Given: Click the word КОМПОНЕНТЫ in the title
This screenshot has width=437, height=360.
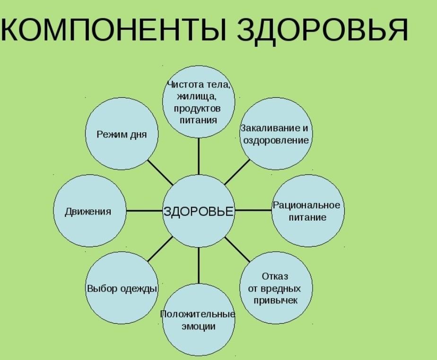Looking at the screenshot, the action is point(114,30).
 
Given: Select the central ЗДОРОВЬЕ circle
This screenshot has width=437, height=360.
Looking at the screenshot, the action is point(199,211).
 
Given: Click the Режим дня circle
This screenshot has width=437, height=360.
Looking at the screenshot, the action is point(122,135).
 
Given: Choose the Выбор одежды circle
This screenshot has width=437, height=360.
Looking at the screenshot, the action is point(122,289).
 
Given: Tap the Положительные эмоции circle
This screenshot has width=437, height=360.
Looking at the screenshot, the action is point(199,320).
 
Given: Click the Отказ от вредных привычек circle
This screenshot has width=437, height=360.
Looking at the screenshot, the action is point(276,288).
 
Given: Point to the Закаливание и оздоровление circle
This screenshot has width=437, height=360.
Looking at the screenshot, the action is point(276,134).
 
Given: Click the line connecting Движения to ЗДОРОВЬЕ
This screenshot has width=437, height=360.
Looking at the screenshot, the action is point(144,211).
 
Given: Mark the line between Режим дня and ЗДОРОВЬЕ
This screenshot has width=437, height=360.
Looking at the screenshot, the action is point(160,172).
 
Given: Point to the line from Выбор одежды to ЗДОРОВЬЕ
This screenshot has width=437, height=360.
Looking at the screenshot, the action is point(160,250).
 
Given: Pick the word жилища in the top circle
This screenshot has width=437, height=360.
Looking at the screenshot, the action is point(198,97).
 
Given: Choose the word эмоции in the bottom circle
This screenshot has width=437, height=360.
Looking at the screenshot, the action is point(199,326).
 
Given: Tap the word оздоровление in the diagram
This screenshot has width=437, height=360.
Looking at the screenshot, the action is point(276,140).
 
